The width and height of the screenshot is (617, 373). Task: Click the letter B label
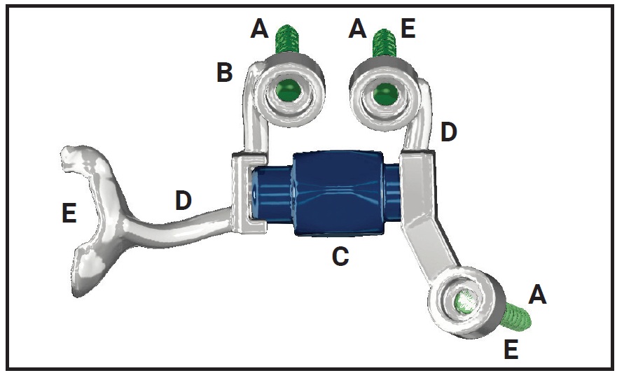224,72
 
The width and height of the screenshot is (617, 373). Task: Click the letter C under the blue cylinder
340,257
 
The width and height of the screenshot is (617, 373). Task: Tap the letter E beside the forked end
68,213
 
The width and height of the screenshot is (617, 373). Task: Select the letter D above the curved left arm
183,201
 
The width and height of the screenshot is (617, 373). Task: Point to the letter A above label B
260,29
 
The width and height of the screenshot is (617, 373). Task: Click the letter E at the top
408,29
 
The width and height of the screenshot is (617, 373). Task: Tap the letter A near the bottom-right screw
536,295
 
